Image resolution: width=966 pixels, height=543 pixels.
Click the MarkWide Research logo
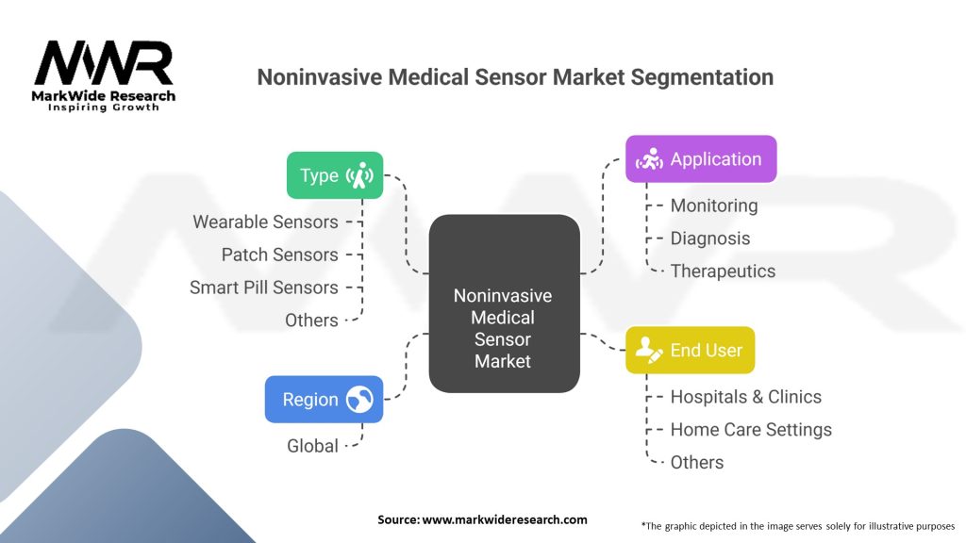coord(104,74)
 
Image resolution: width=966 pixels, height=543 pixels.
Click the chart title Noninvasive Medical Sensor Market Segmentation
coord(515,77)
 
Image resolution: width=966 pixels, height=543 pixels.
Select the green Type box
coord(335,175)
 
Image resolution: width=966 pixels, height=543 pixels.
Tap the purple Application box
coord(701,158)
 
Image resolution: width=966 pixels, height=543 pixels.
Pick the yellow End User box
coord(690,350)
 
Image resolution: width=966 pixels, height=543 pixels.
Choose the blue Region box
coord(324,399)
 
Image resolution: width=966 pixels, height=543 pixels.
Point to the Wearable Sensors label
coord(265,222)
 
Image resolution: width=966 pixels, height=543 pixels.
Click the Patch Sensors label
coord(279,255)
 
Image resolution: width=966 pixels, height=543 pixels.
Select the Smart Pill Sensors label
coord(263,288)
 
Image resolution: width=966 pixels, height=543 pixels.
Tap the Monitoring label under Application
coord(713,206)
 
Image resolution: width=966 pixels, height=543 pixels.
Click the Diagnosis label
coord(710,239)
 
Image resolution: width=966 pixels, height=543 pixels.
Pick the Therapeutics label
coord(723,271)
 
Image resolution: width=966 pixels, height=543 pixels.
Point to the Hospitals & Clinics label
coord(745,397)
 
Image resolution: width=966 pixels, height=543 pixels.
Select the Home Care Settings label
coord(751,430)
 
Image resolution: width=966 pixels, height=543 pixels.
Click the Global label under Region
coord(312,446)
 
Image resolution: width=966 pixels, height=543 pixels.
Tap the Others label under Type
coord(311,321)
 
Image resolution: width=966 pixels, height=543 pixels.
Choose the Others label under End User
coord(697,463)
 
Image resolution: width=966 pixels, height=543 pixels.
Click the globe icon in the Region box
coord(358,399)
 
